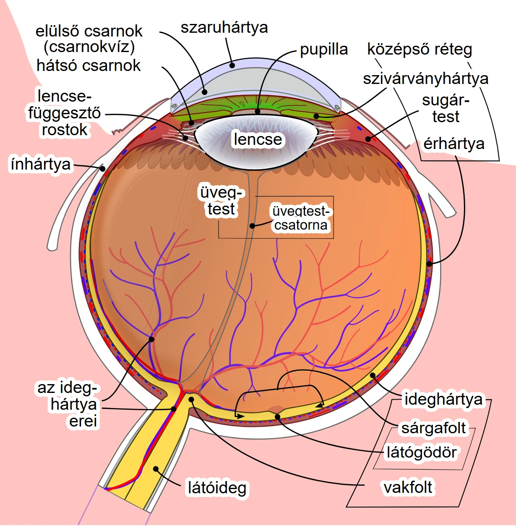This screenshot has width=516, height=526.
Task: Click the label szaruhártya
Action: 224,28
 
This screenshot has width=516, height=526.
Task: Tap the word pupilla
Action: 324,50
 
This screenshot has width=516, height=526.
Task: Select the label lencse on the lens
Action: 258,139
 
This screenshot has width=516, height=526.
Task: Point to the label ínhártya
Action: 41,164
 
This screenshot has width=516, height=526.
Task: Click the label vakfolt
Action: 408,487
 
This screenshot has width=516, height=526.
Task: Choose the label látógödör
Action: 422,452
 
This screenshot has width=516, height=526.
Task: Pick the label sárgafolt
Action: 434,428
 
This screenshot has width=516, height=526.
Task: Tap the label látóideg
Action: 217,488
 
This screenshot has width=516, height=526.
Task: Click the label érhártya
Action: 454,144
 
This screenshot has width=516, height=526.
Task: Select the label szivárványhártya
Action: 425,79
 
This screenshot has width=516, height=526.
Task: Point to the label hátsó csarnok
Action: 89,66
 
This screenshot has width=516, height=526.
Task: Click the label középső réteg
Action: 420,50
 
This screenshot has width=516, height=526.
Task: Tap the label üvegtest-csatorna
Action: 301,218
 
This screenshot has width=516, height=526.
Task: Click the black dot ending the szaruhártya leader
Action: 232,65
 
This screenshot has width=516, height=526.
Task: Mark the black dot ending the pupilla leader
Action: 257,111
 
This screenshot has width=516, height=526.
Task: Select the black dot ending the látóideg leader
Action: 156,468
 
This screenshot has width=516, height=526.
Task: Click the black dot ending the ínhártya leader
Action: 102,169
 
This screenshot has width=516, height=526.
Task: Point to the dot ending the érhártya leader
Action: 429,264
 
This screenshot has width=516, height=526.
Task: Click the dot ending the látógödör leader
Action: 278,417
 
